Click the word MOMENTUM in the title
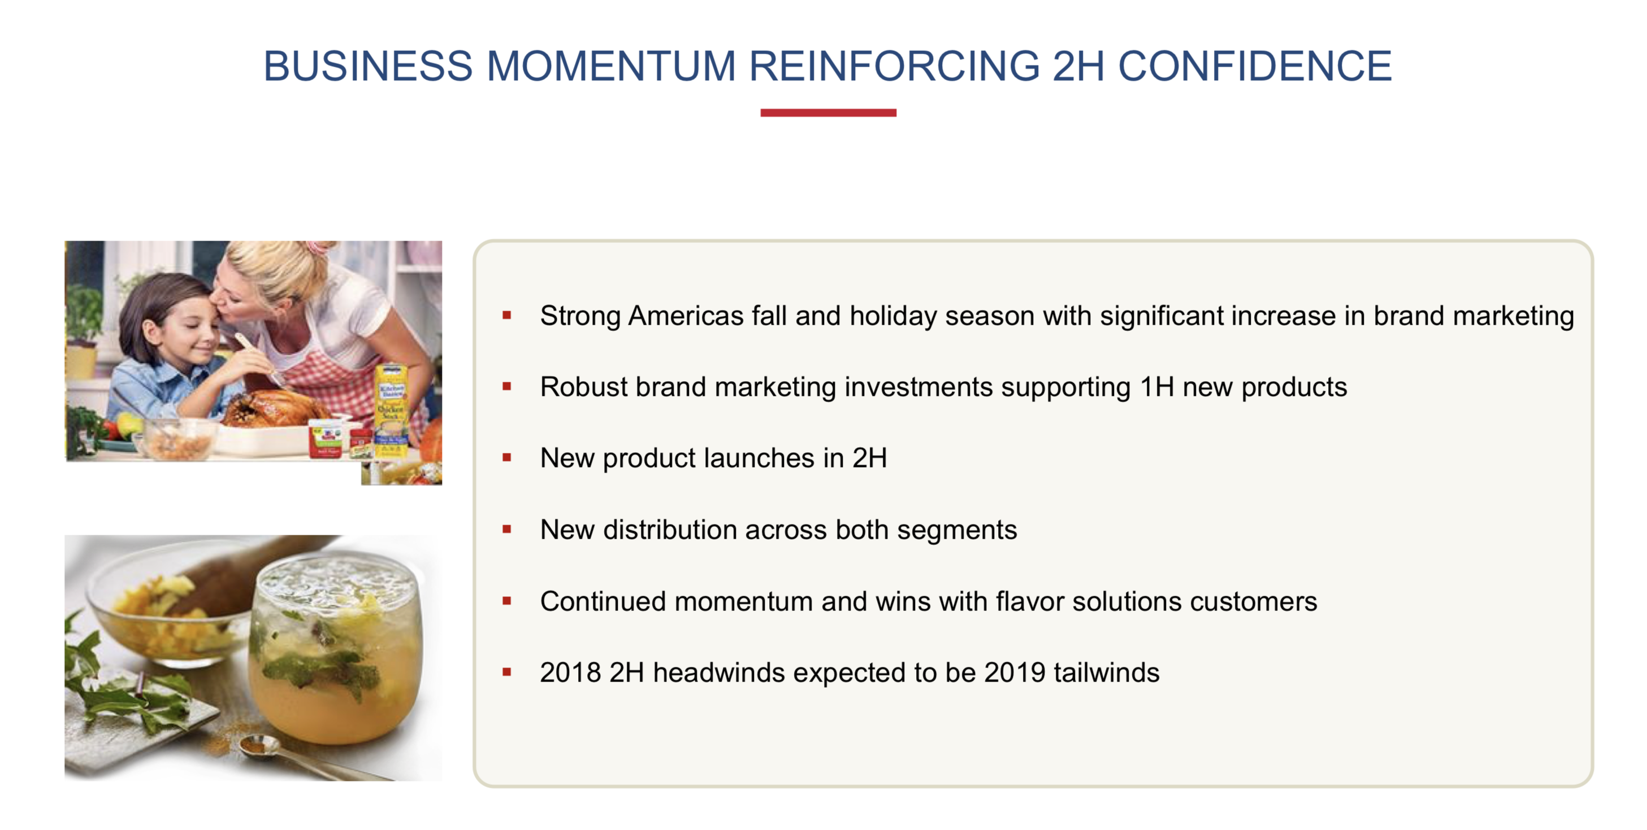(610, 66)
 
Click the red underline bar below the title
(828, 112)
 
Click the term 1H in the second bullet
(1156, 387)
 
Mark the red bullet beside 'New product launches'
(506, 457)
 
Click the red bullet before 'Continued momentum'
(506, 601)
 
